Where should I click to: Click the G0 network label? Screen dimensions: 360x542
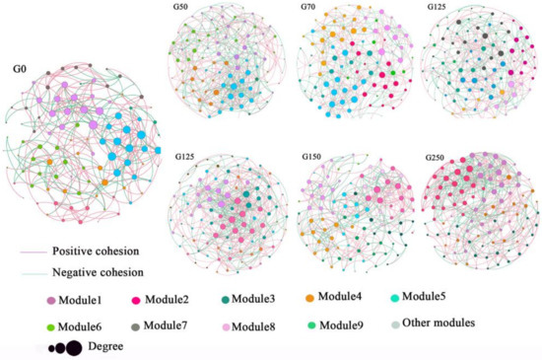pyautogui.click(x=20, y=70)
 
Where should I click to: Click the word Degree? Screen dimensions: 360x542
pyautogui.click(x=105, y=345)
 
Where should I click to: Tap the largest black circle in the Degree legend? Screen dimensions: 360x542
pyautogui.click(x=73, y=346)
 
